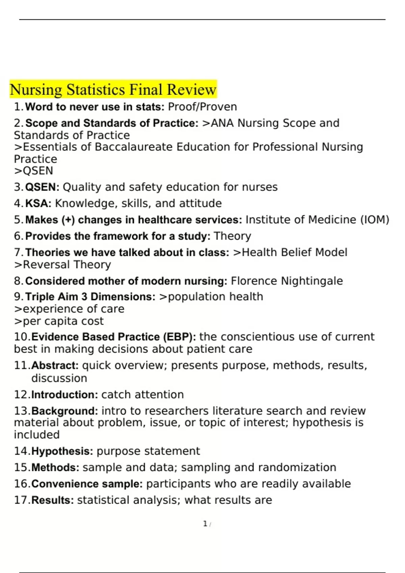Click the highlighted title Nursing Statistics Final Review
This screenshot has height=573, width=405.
(113, 90)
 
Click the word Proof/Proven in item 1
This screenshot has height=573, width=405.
(202, 107)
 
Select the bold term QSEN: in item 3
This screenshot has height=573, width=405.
(42, 187)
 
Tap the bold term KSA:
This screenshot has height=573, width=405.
(38, 204)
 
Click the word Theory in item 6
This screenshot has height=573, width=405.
(233, 236)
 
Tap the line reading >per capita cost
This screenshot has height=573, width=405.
(59, 321)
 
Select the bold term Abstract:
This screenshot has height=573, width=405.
(55, 366)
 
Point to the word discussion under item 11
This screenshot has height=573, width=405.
(59, 379)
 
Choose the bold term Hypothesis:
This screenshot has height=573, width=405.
(62, 451)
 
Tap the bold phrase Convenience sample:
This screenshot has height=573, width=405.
(87, 484)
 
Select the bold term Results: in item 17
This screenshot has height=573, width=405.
(53, 500)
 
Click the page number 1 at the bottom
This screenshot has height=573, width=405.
(205, 524)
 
